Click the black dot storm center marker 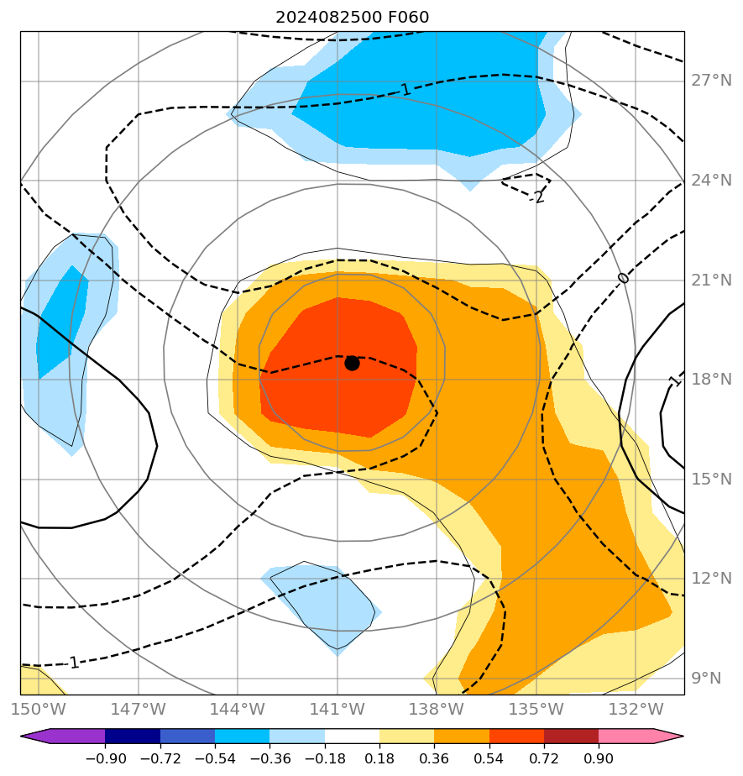352,363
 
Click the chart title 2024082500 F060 352,18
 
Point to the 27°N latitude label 711,81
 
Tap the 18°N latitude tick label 711,380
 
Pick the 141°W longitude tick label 339,709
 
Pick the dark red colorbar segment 571,737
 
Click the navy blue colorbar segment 133,737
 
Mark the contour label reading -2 538,197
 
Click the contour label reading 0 622,278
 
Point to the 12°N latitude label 711,579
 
